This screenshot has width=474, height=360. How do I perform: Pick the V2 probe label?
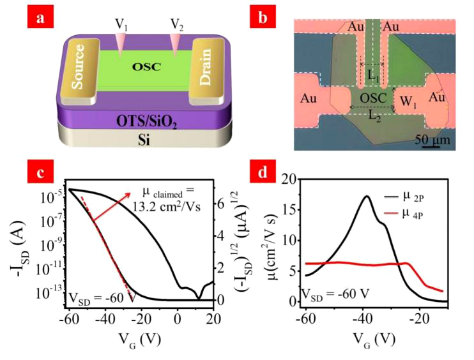coord(178,23)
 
